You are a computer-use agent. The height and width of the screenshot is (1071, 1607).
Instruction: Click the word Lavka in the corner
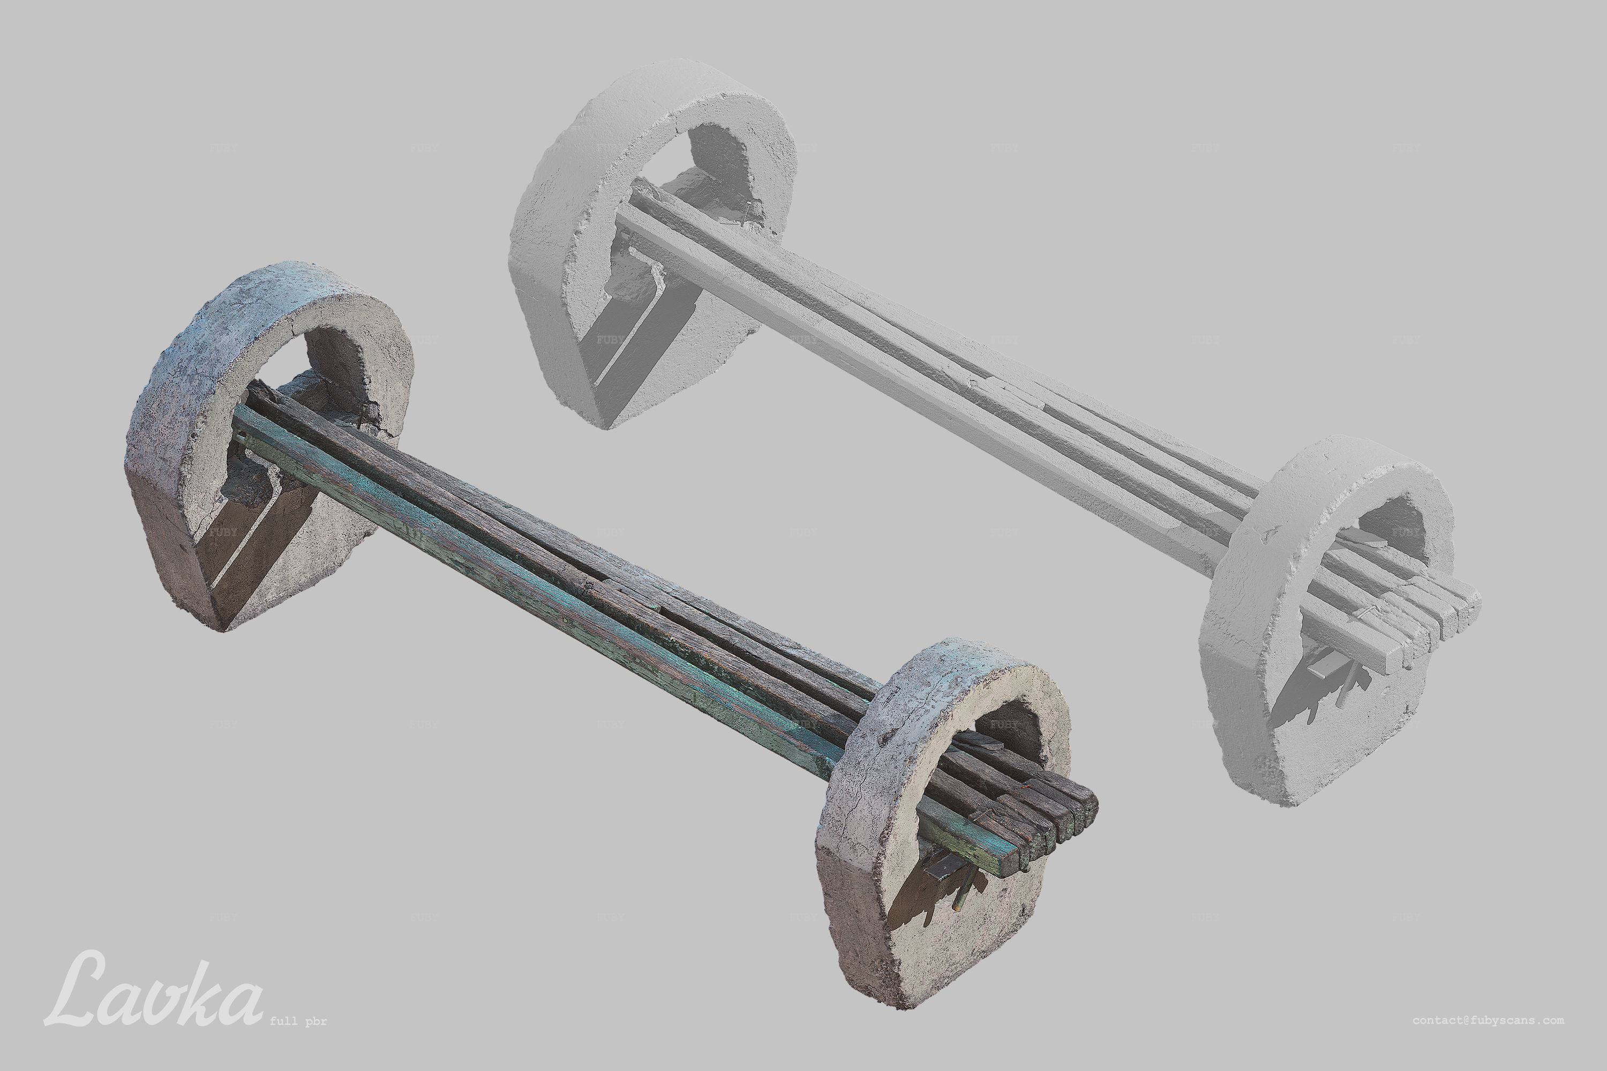154,990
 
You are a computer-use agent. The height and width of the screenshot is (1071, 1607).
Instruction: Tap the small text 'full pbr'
298,1022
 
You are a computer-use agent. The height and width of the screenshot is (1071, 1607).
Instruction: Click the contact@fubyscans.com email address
1488,1021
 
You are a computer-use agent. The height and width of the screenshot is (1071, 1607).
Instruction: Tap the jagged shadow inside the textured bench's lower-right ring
915,902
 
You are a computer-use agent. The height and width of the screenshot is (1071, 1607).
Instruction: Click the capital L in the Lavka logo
82,990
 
